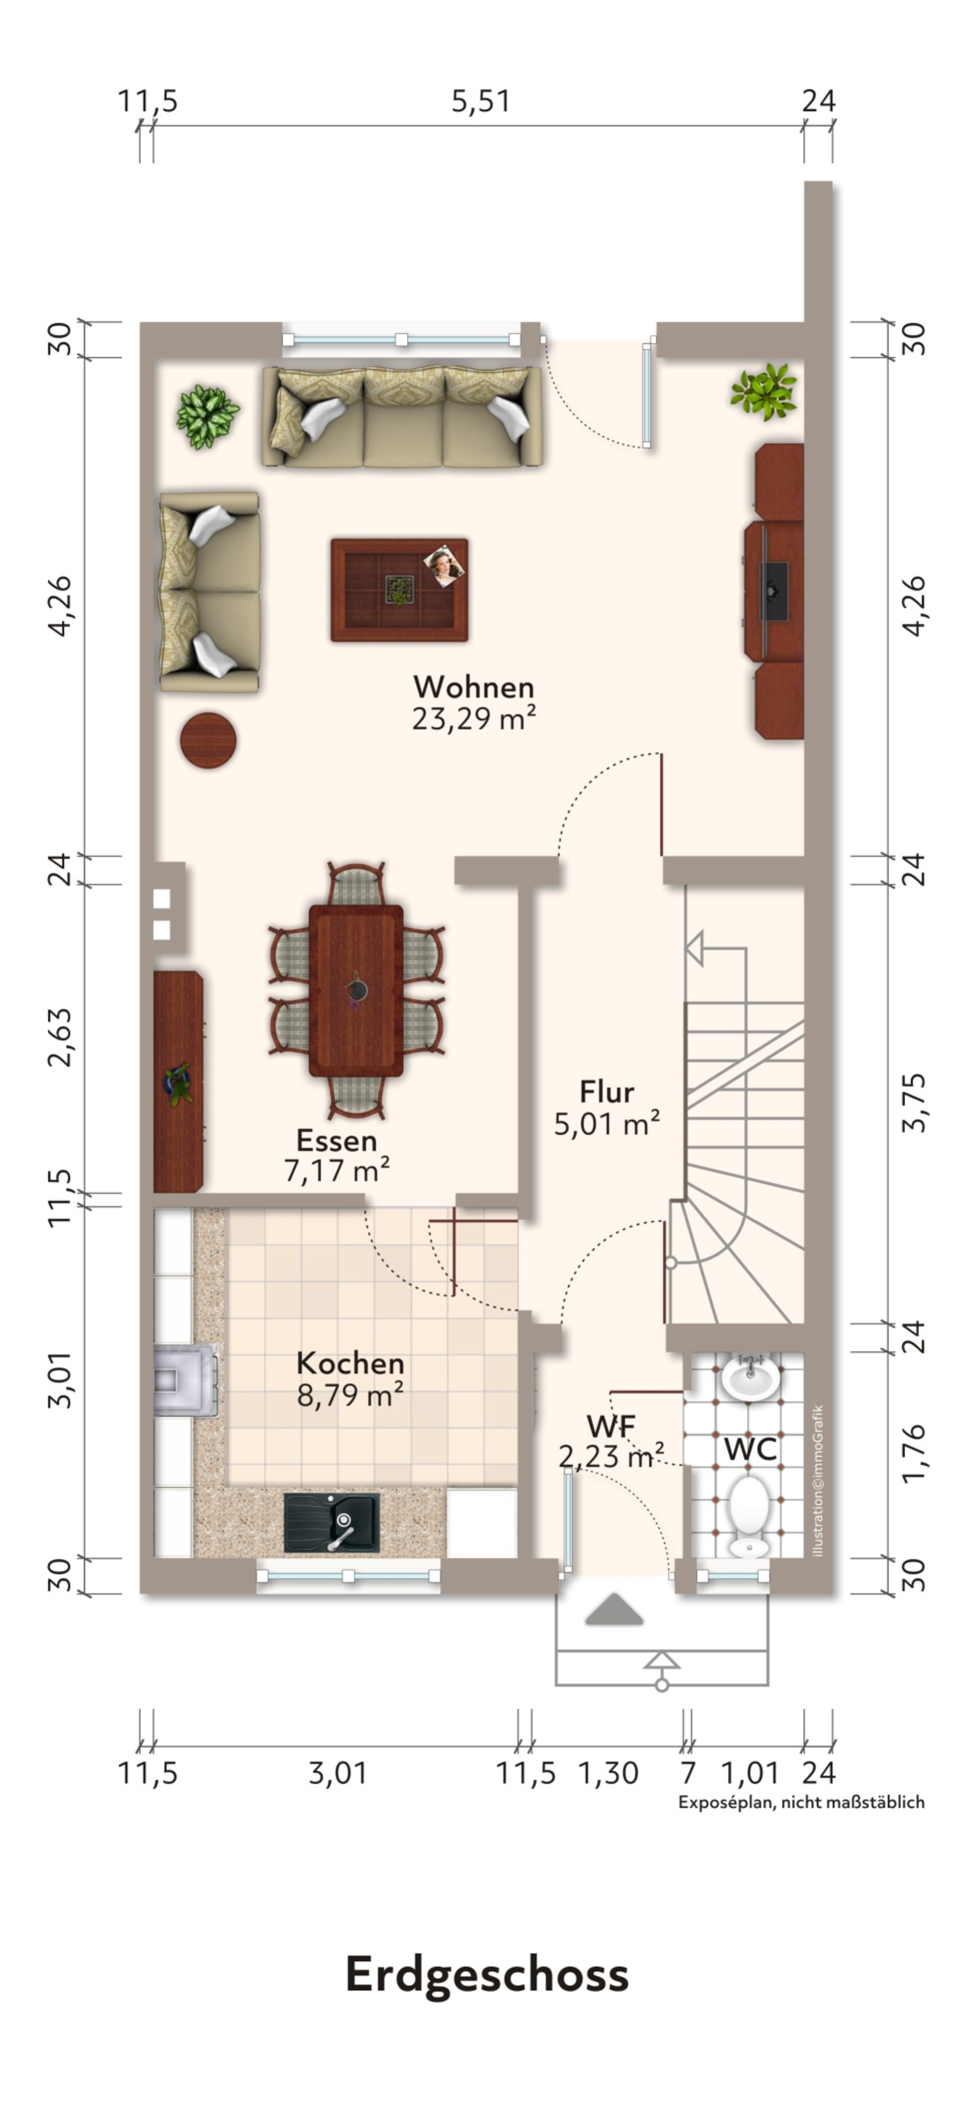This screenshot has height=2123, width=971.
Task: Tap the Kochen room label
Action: (350, 1363)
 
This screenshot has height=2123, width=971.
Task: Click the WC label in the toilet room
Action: (750, 1450)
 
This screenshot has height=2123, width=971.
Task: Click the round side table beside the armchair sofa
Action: (209, 740)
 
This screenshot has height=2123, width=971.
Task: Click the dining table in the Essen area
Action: (356, 991)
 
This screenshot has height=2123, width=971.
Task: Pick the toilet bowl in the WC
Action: (749, 1515)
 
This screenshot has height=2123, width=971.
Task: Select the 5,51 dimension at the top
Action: (480, 101)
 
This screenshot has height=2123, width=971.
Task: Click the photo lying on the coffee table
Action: (444, 566)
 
